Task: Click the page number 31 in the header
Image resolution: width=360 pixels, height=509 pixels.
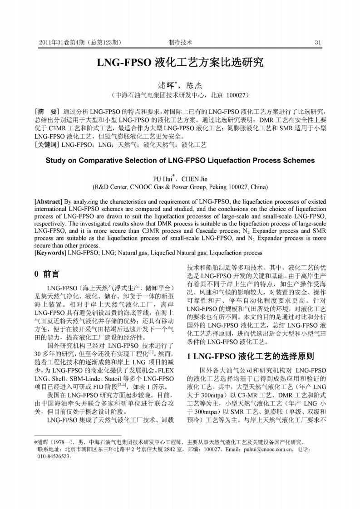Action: (318, 43)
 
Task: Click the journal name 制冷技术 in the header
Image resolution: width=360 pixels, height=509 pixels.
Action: (180, 43)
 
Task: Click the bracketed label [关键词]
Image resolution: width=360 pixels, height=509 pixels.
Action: (47, 145)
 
